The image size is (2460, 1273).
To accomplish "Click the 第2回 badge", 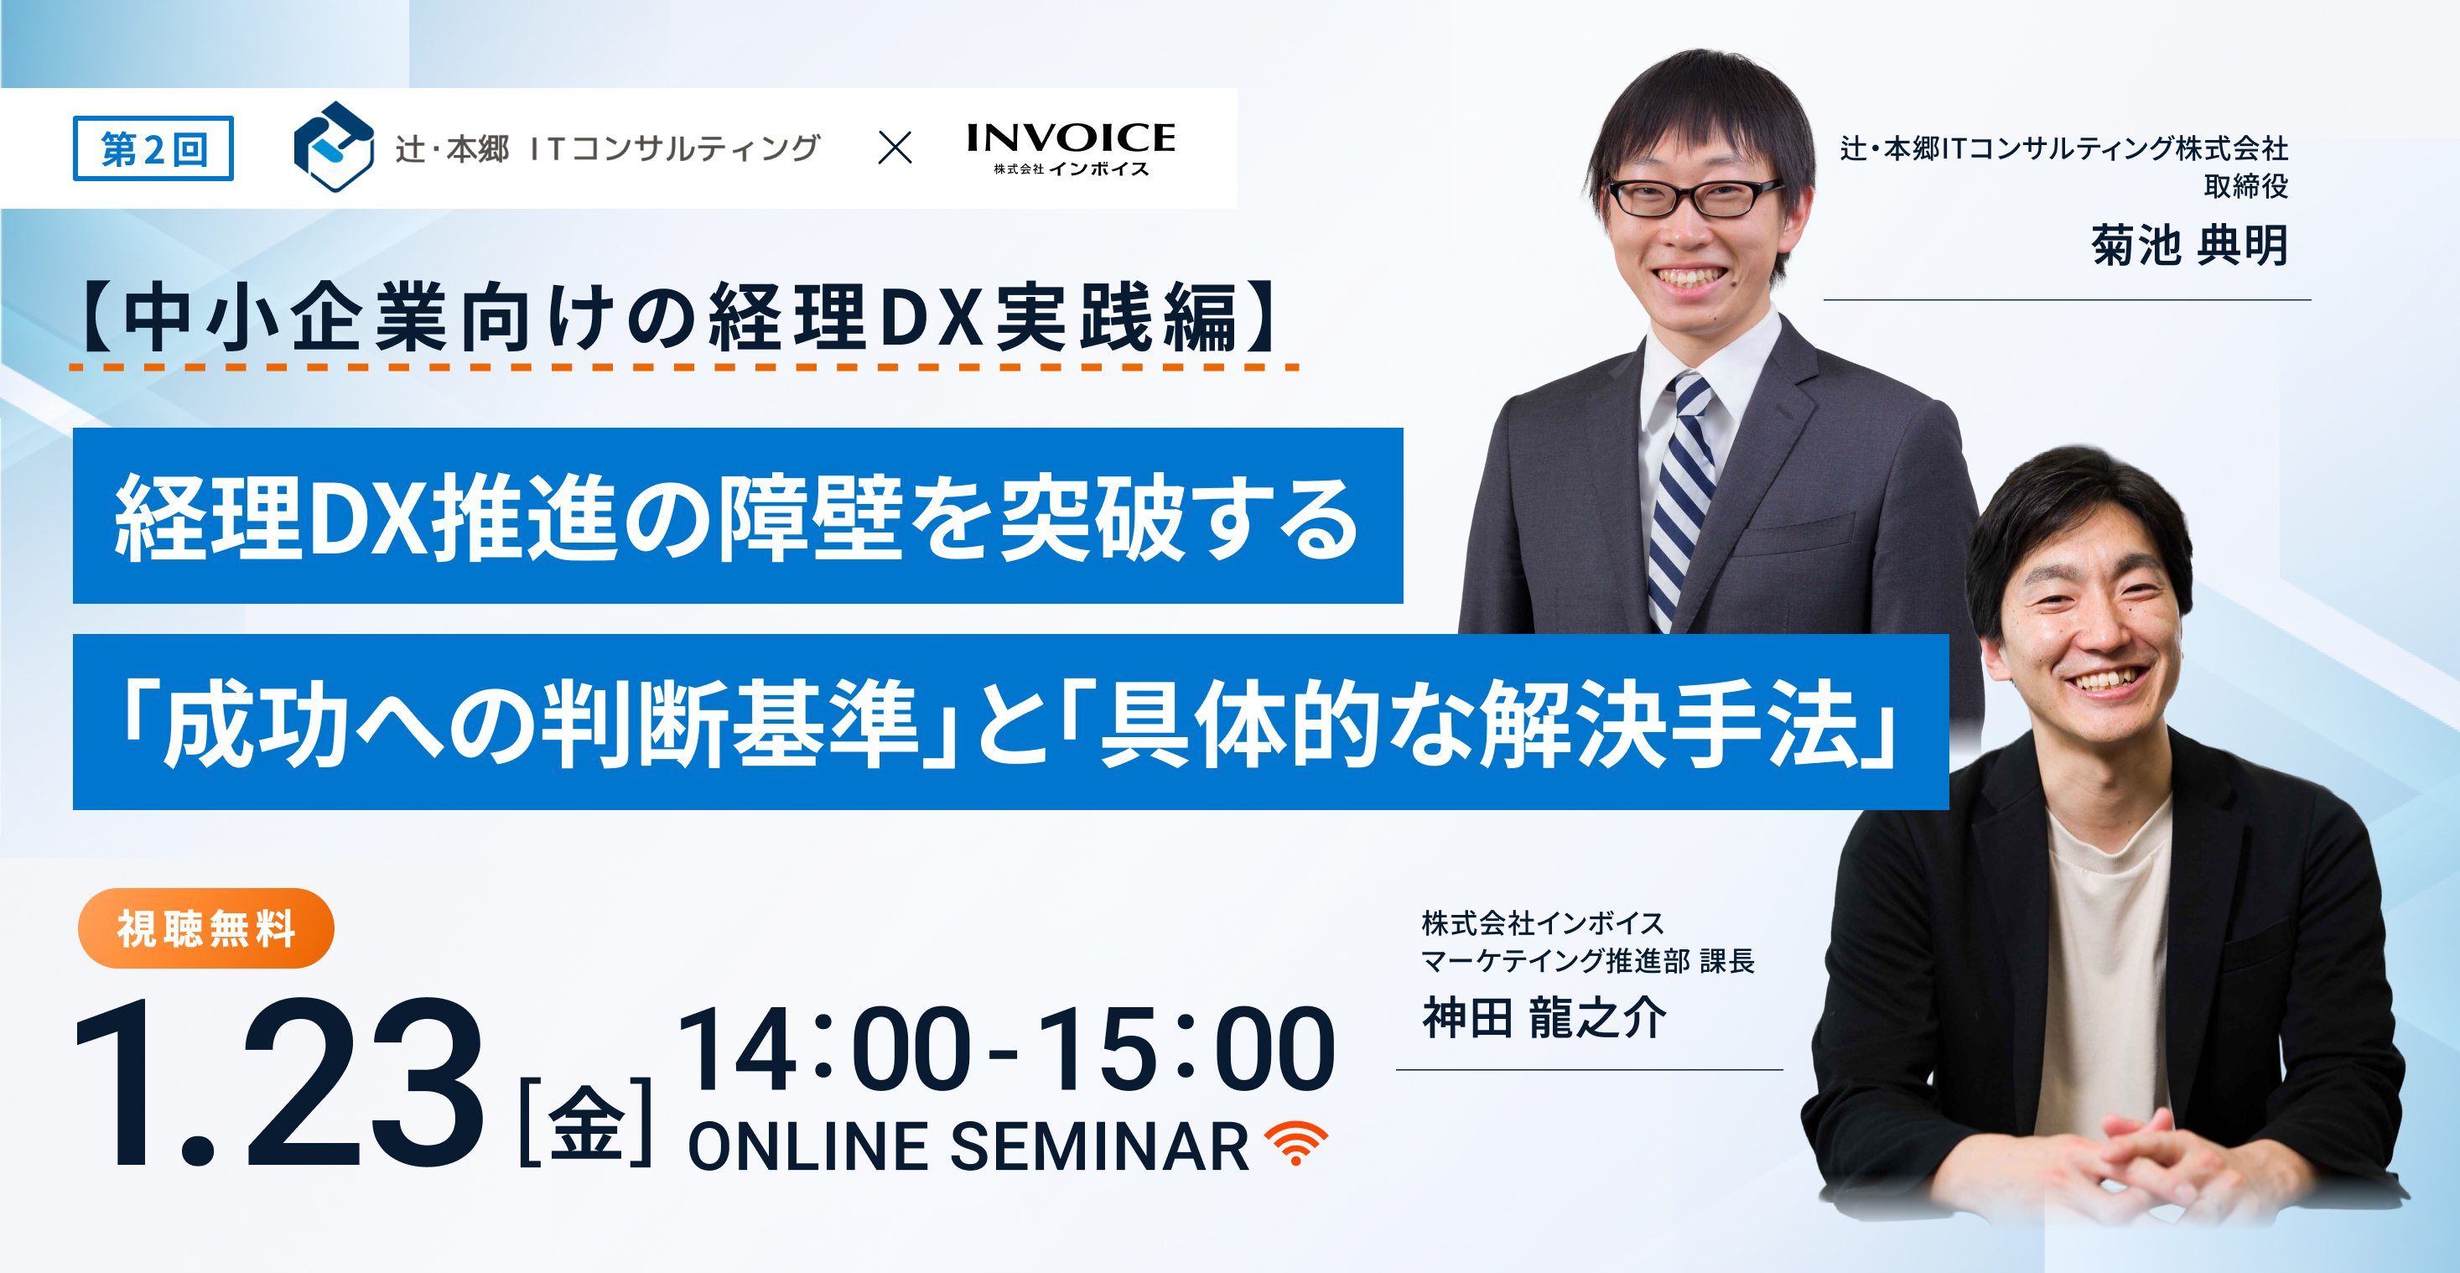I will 153,149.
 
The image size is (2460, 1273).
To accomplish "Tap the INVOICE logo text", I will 1071,139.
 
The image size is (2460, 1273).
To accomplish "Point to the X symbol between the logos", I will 895,148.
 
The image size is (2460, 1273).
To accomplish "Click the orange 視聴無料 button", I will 206,928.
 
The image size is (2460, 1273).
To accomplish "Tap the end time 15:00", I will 1184,1051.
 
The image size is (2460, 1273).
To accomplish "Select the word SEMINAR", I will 1098,1147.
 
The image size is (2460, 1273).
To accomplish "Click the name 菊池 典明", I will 2189,246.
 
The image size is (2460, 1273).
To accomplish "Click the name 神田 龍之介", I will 1544,1018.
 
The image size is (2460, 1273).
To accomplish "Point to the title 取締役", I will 2245,186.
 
